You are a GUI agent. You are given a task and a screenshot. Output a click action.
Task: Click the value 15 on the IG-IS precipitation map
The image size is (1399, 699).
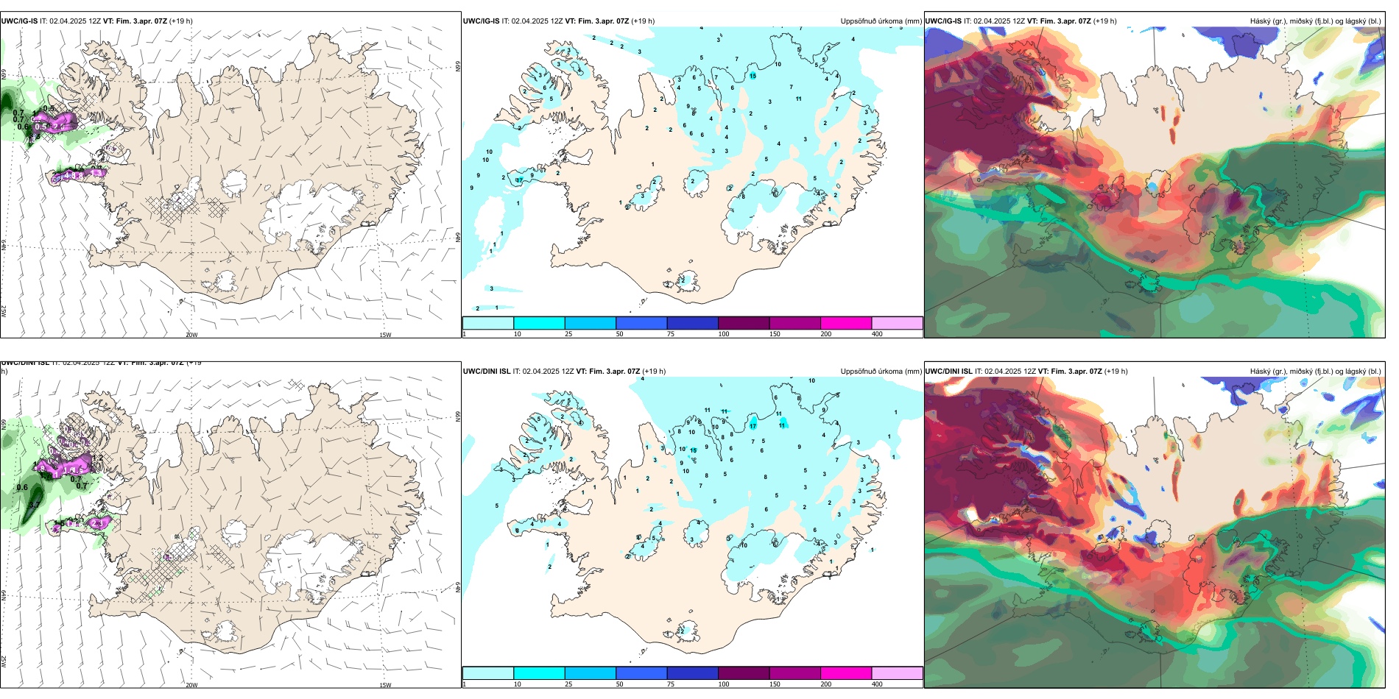click(x=753, y=76)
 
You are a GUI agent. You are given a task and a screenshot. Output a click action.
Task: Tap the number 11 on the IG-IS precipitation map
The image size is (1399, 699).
click(x=798, y=99)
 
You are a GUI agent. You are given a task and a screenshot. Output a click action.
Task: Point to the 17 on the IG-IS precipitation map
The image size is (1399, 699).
click(x=519, y=180)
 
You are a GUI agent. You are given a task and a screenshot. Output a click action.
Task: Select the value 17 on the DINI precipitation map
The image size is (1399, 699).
click(x=753, y=426)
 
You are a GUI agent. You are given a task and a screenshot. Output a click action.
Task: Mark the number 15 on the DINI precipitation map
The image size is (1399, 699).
click(x=693, y=450)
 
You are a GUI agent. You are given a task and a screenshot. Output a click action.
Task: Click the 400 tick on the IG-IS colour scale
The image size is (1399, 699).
click(x=877, y=334)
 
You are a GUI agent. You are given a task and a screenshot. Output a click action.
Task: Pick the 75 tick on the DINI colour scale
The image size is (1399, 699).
click(x=671, y=684)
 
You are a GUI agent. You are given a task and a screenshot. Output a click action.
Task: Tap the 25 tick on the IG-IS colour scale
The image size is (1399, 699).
click(x=568, y=334)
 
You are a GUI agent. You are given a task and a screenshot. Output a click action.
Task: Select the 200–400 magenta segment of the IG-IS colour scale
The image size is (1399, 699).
click(x=846, y=323)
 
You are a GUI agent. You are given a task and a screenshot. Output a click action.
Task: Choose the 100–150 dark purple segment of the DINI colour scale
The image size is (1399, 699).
click(x=744, y=673)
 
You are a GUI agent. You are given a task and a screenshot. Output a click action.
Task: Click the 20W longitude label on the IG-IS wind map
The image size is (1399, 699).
click(x=191, y=335)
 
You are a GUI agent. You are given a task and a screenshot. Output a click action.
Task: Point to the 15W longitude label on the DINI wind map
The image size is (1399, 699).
click(x=385, y=685)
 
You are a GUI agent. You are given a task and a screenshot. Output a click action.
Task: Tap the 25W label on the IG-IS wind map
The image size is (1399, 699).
click(x=4, y=311)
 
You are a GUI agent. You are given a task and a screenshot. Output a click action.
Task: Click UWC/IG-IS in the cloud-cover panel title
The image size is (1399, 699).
click(x=942, y=21)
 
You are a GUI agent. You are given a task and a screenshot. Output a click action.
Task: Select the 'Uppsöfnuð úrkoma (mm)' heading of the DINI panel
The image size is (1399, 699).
click(x=881, y=372)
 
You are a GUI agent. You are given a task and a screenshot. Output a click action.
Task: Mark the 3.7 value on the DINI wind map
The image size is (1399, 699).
click(x=34, y=505)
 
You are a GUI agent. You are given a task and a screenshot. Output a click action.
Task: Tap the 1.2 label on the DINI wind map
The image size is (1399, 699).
click(x=97, y=458)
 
